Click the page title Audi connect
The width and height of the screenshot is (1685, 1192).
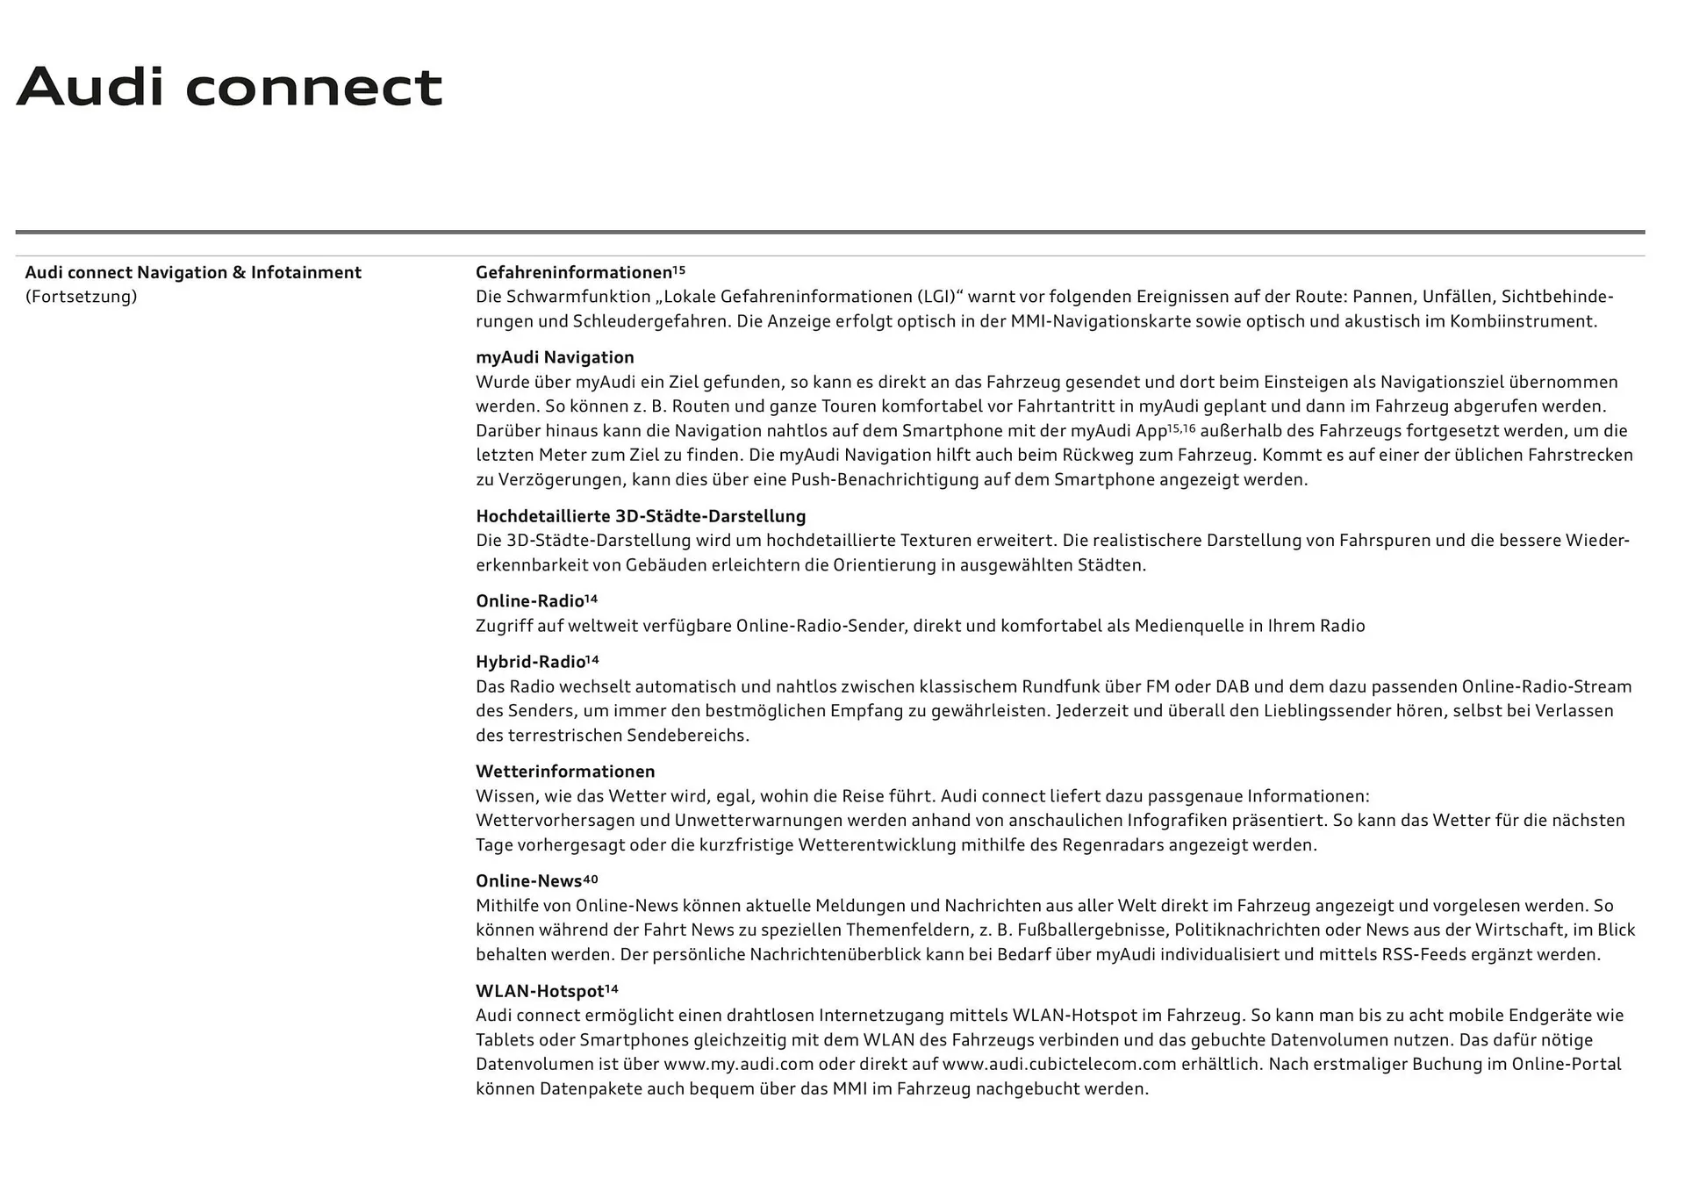click(x=229, y=87)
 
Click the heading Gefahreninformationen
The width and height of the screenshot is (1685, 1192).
click(x=573, y=272)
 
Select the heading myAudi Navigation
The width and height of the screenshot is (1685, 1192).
click(x=555, y=357)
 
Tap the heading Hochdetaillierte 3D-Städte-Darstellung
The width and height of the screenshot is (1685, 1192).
click(x=641, y=516)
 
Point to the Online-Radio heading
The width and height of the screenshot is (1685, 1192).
click(x=530, y=601)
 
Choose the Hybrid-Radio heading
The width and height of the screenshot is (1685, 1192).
click(x=530, y=662)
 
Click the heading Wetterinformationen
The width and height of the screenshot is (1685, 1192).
click(x=565, y=772)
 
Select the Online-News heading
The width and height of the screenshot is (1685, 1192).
click(x=528, y=881)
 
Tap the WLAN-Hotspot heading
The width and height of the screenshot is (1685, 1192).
click(x=540, y=991)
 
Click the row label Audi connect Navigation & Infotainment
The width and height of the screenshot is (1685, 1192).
click(x=193, y=272)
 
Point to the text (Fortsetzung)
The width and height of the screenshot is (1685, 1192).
click(x=82, y=297)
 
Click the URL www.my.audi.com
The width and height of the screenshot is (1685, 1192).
click(x=738, y=1065)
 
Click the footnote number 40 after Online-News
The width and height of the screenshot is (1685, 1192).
click(x=591, y=879)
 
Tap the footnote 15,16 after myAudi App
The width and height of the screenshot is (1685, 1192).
click(x=1181, y=428)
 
